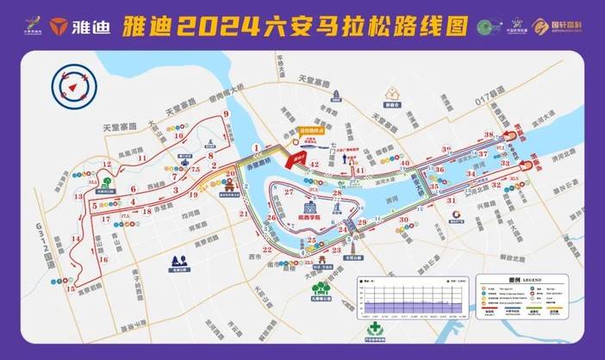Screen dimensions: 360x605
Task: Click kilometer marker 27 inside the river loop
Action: click(290, 190)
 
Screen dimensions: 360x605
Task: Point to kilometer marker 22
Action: click(266, 250)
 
